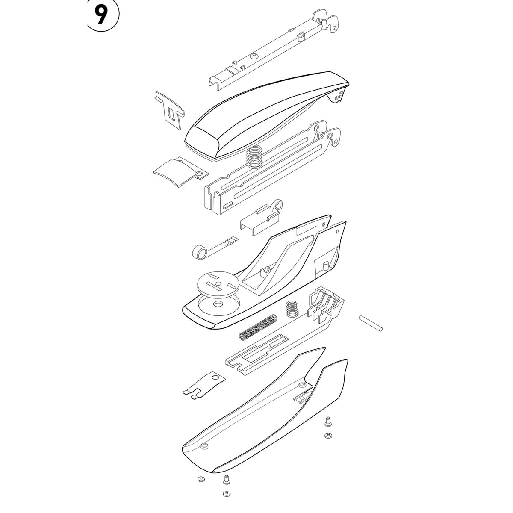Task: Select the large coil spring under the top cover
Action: click(254, 157)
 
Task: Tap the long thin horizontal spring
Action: click(258, 327)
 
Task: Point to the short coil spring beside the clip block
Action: click(292, 309)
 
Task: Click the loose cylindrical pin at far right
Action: click(371, 323)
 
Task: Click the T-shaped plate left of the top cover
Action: click(169, 110)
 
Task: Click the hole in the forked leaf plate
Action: click(214, 377)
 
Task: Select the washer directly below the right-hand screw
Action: click(328, 436)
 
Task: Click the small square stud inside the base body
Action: click(265, 272)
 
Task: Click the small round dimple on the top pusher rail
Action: click(254, 56)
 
